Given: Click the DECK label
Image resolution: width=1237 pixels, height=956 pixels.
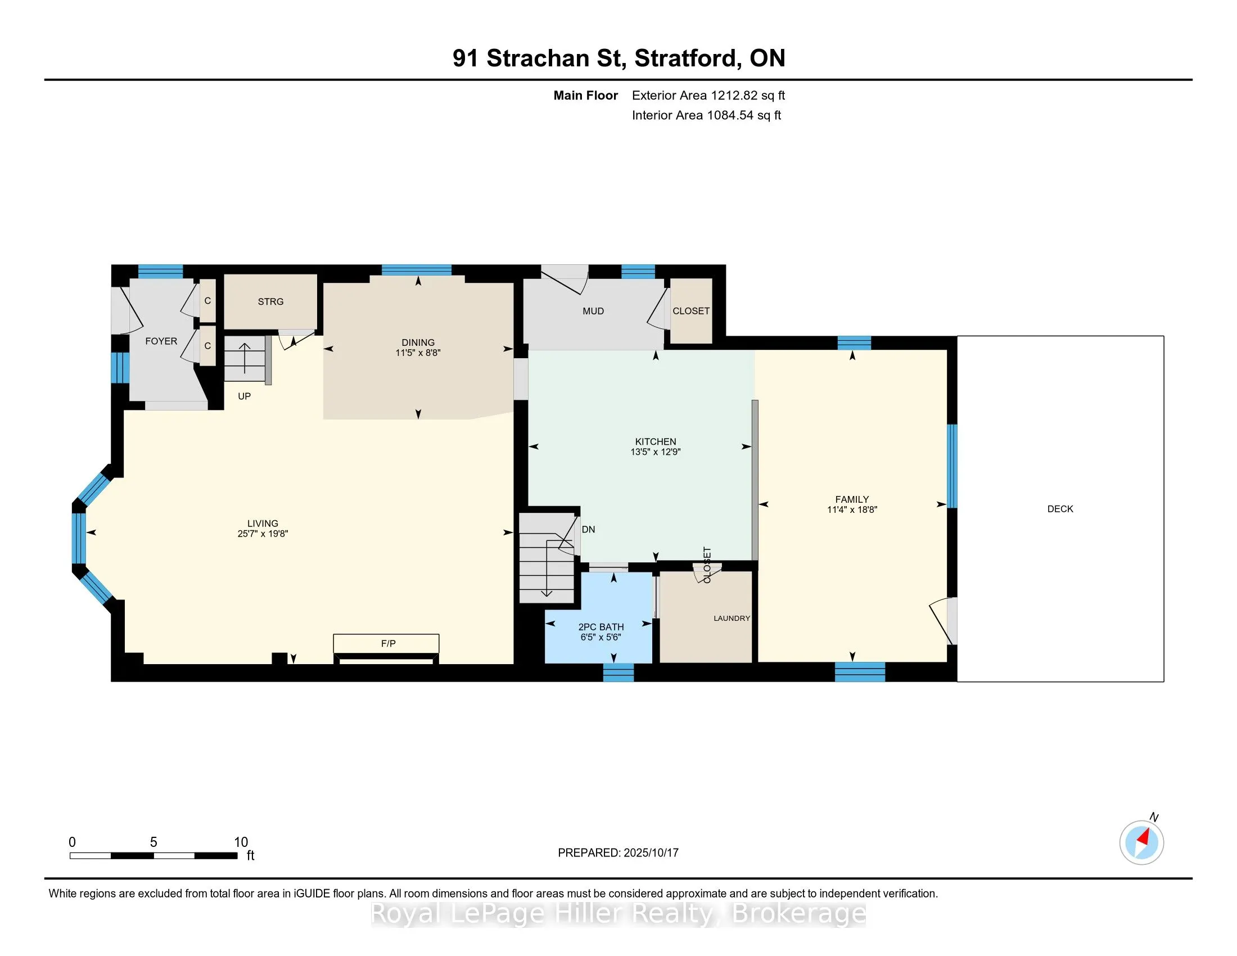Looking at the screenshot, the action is (1060, 508).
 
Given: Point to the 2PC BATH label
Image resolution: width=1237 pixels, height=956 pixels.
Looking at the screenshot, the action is (601, 627).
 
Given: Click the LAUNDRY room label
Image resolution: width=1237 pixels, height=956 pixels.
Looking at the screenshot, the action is (732, 618).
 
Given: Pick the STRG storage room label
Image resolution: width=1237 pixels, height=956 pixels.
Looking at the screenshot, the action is (271, 301).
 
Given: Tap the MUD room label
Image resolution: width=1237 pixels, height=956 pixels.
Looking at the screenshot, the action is (593, 311).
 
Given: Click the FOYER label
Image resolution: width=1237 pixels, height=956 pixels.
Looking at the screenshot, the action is (161, 341).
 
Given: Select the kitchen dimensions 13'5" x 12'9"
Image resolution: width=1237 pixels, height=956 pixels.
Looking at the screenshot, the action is (655, 452).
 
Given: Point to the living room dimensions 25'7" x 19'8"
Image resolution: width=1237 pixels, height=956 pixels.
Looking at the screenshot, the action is (263, 534).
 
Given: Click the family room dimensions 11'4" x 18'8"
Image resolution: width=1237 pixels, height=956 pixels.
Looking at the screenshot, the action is (852, 509).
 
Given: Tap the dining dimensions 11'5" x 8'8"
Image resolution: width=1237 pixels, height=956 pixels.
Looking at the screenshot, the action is (418, 353).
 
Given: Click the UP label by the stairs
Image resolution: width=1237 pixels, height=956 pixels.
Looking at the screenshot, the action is (244, 396).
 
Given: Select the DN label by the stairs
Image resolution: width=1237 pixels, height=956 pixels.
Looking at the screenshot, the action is (589, 530).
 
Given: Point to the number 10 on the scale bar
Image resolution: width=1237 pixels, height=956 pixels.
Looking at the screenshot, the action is (241, 842).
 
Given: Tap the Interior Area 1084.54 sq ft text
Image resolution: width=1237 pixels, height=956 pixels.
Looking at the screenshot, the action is (706, 115).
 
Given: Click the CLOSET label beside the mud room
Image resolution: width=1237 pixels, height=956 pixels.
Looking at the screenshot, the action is (691, 311).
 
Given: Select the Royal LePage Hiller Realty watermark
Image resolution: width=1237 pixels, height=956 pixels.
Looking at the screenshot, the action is (618, 914).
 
